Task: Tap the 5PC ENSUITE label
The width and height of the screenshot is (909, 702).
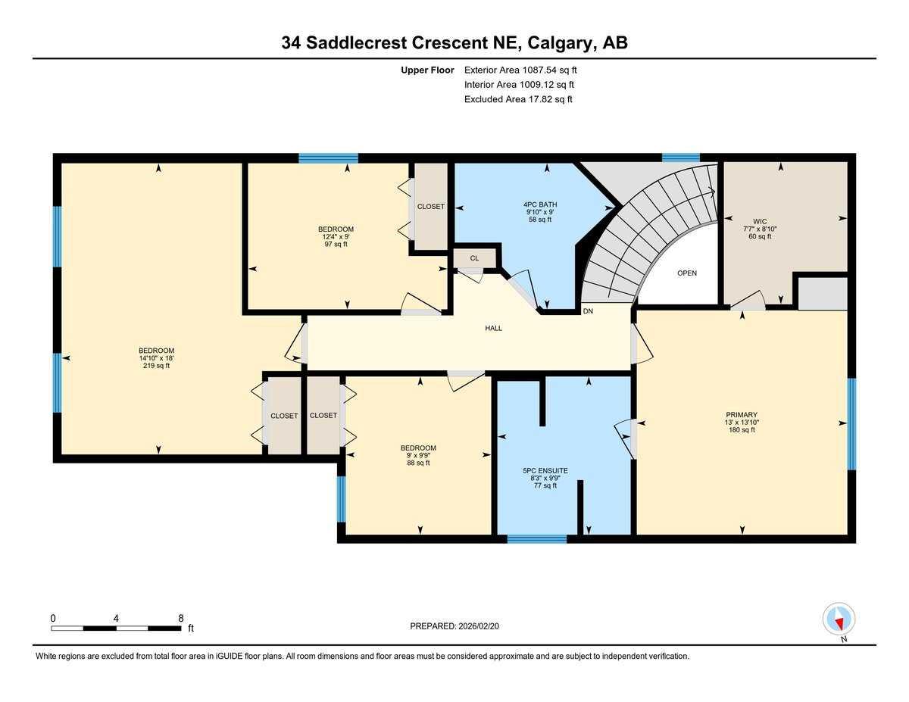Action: (x=545, y=470)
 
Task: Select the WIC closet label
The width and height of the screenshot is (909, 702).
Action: (x=760, y=222)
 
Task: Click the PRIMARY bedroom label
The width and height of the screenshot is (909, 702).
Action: (x=741, y=414)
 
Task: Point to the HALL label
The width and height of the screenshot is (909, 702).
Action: (x=493, y=328)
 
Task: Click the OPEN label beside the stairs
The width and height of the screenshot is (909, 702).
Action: (x=686, y=273)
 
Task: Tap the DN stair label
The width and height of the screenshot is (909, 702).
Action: (x=588, y=311)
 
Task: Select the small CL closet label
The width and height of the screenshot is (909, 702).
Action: (x=474, y=258)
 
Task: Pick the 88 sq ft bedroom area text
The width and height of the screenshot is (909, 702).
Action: (x=418, y=463)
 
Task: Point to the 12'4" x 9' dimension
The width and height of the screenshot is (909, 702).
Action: (x=336, y=236)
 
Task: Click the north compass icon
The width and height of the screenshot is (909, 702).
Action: (x=839, y=619)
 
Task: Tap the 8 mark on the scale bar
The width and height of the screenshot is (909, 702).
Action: (x=180, y=618)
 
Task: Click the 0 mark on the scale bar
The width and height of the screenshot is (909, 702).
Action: (x=53, y=618)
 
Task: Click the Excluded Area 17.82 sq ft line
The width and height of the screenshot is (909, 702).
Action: (x=518, y=99)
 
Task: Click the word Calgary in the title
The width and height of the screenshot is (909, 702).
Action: (x=560, y=43)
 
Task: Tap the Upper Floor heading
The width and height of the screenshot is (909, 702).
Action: (x=427, y=70)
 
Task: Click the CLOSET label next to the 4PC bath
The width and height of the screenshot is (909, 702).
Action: (x=431, y=207)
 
